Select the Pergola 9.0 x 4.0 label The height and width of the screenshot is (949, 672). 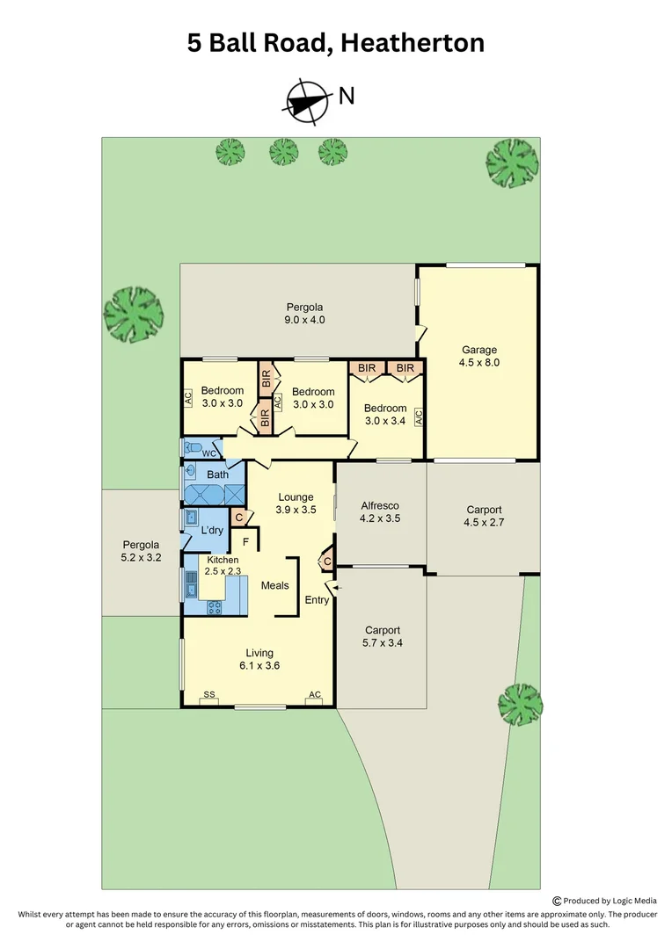click(305, 314)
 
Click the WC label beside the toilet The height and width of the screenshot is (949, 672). click(209, 453)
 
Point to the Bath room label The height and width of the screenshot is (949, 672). click(217, 474)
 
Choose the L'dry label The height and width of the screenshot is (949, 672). click(212, 531)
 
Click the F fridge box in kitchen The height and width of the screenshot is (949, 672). click(245, 541)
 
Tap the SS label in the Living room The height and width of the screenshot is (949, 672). click(209, 695)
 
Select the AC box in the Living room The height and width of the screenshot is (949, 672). click(314, 696)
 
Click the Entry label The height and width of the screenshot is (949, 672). click(317, 600)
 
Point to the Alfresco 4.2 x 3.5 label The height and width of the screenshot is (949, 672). click(380, 511)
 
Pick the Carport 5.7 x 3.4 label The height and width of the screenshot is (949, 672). click(383, 636)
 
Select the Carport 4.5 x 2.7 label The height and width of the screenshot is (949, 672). click(484, 516)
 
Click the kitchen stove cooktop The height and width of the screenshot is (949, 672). click(214, 607)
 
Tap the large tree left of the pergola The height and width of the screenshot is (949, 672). click(134, 314)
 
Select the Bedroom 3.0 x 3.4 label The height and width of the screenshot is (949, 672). click(385, 414)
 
